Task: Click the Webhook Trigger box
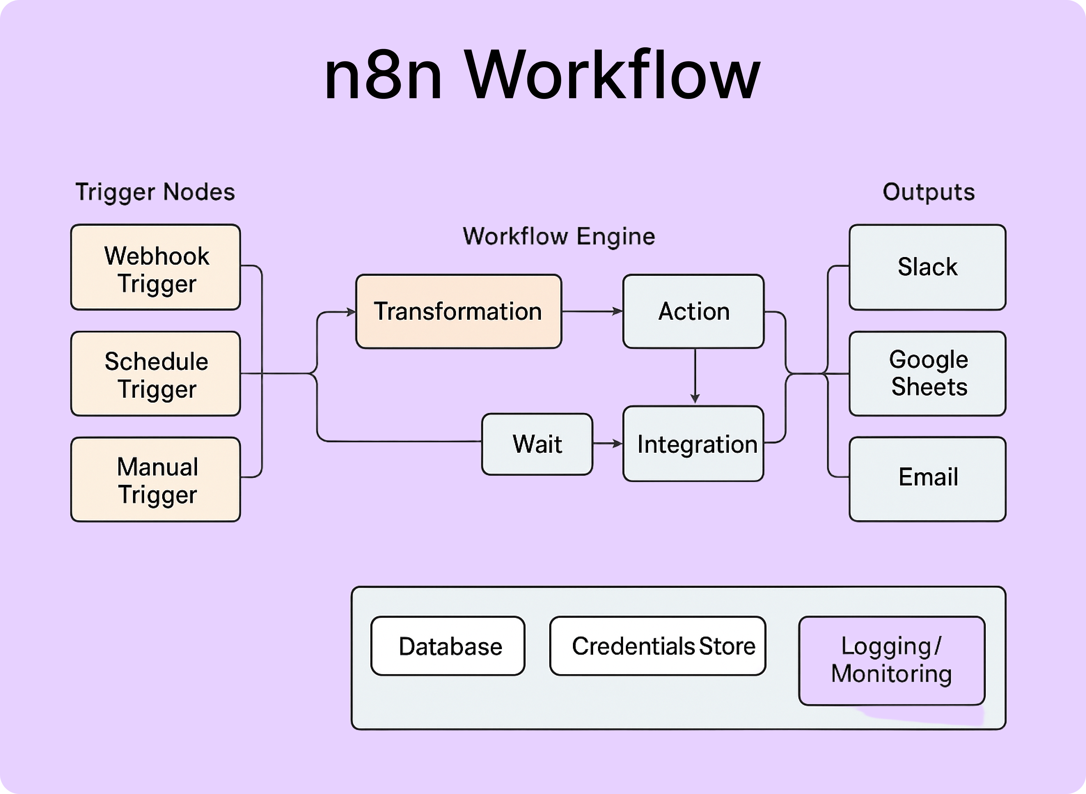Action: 156,267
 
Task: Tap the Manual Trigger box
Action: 156,479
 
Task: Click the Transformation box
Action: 458,311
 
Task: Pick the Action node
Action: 693,311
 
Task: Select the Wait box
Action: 537,444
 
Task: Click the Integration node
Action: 693,444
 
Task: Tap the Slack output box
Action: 927,267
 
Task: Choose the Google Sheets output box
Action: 927,373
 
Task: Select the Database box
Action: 448,646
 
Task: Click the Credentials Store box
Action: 658,646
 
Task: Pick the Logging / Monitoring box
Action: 891,660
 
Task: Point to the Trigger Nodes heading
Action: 155,192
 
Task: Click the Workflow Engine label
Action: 559,236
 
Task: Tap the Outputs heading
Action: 928,192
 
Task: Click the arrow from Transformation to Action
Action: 592,311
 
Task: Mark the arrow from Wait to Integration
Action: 608,444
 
